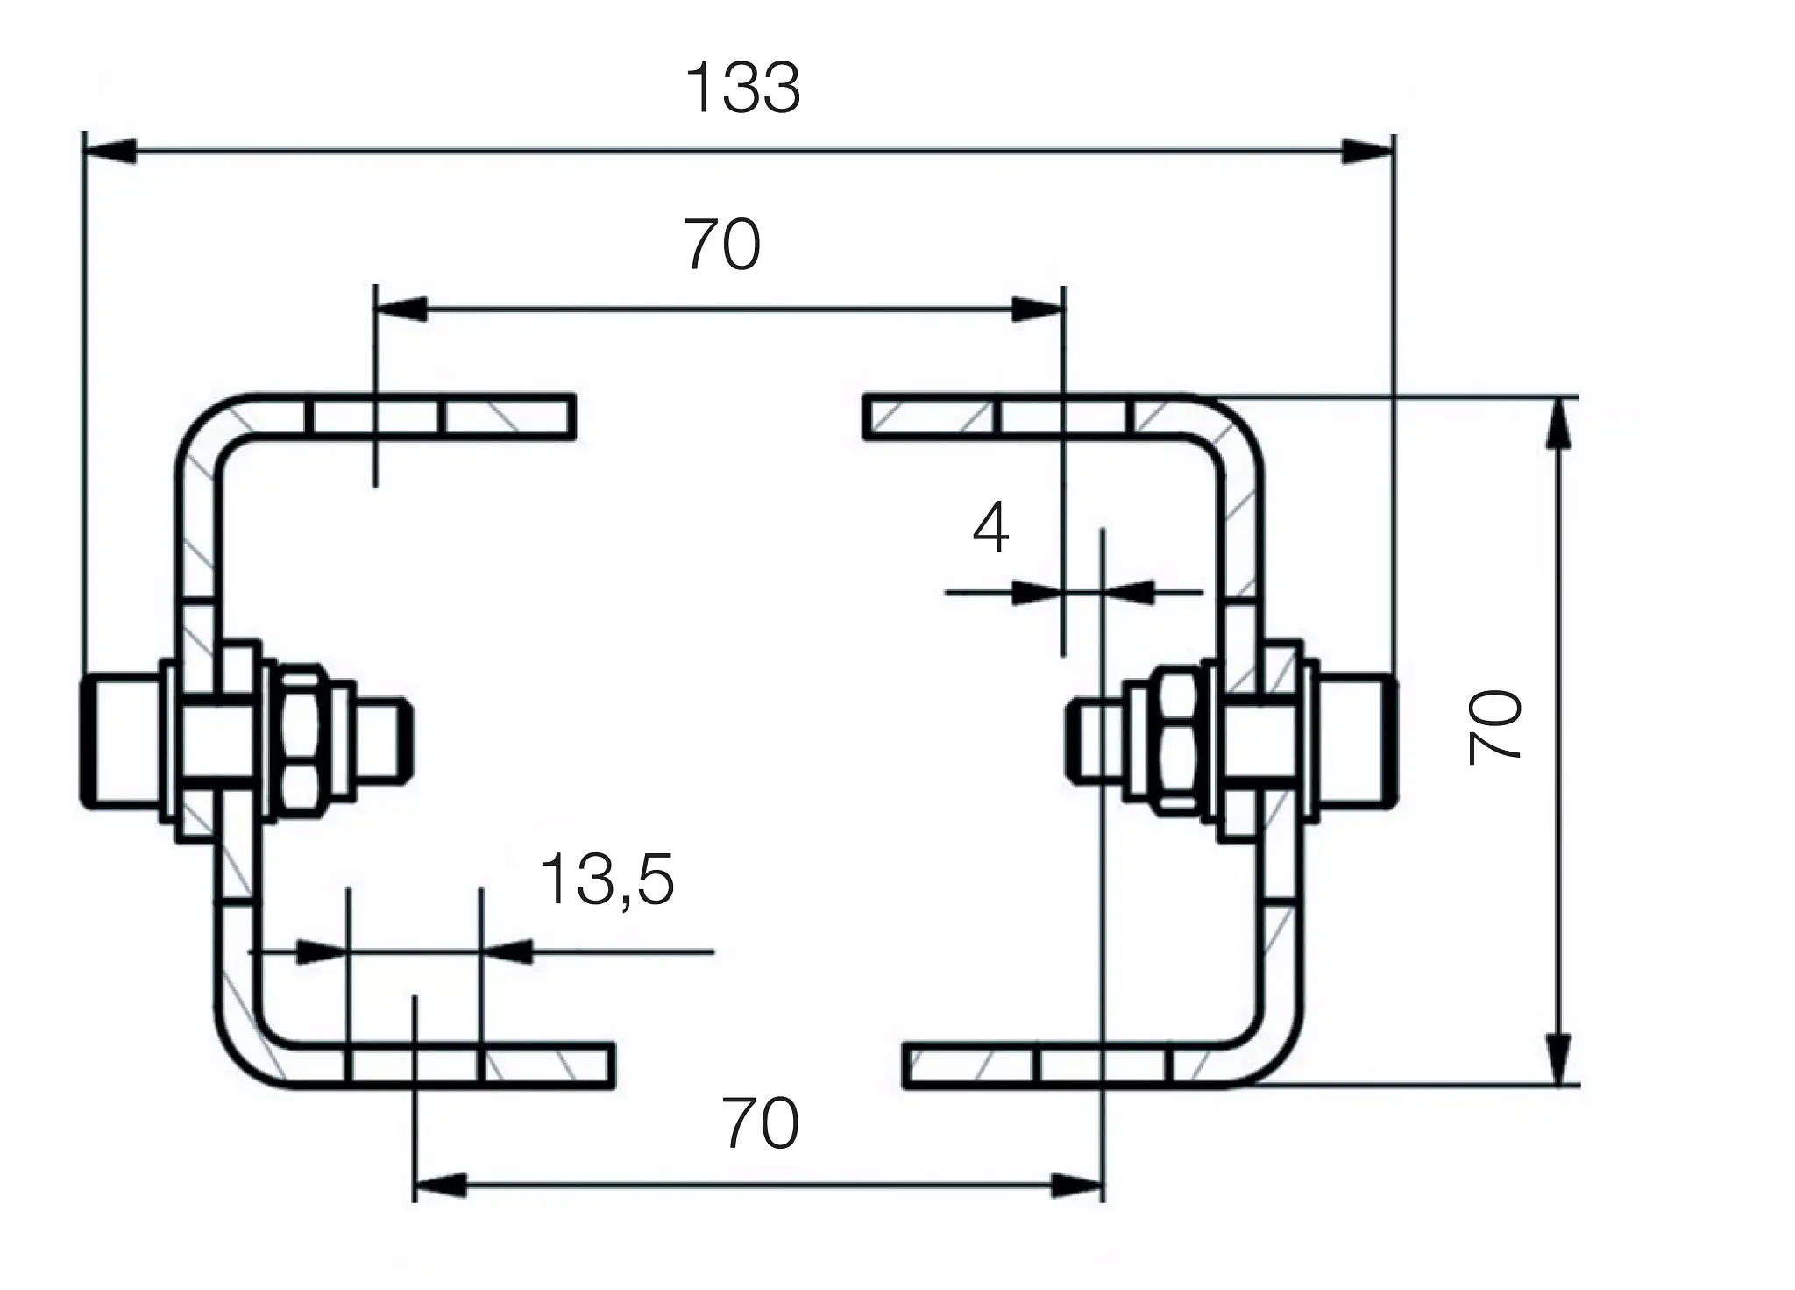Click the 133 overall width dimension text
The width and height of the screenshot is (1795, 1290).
742,89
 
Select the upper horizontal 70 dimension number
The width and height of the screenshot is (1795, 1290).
721,246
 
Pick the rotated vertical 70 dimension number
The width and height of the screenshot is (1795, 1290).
1495,727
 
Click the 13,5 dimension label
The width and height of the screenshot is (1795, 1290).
607,880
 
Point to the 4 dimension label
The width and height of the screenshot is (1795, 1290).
990,528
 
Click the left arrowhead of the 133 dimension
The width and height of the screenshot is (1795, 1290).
110,150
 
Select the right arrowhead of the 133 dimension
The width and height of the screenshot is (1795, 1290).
1367,151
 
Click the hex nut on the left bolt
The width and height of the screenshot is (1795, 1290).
300,735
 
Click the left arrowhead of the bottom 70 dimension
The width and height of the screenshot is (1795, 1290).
439,1187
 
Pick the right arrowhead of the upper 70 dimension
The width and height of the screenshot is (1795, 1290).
1037,309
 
